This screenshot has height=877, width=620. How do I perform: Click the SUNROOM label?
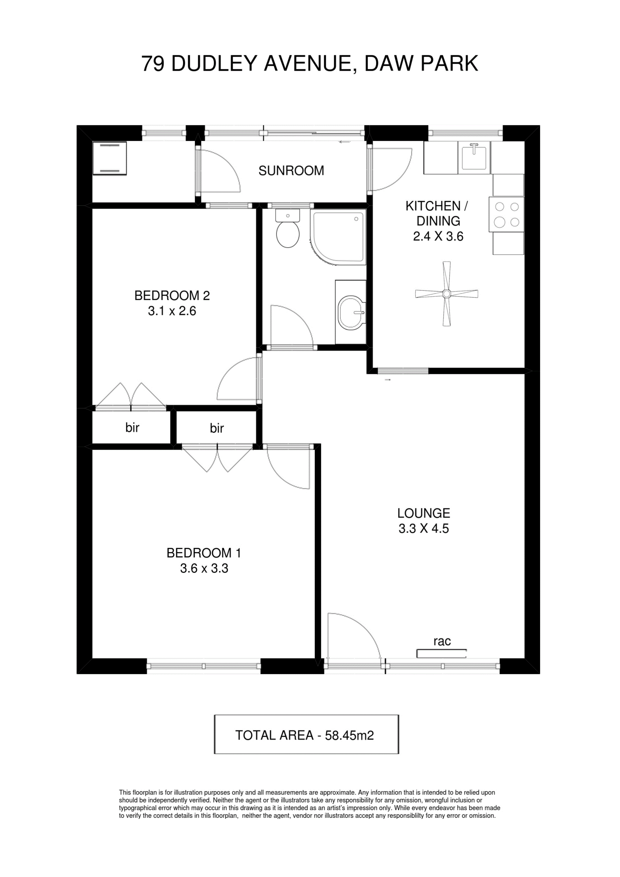point(291,170)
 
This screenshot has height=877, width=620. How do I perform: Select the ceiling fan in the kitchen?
point(447,294)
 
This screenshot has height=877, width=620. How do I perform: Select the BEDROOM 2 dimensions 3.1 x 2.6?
point(172,311)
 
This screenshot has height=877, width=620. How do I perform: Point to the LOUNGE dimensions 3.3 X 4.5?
point(424,529)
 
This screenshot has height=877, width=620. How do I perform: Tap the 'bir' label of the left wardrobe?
point(132,427)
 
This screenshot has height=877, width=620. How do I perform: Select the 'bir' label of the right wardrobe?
point(216,428)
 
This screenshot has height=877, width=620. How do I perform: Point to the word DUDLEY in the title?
point(214,63)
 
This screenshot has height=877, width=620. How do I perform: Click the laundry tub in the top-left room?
point(110,158)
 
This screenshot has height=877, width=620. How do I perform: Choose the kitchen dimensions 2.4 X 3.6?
point(438,236)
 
